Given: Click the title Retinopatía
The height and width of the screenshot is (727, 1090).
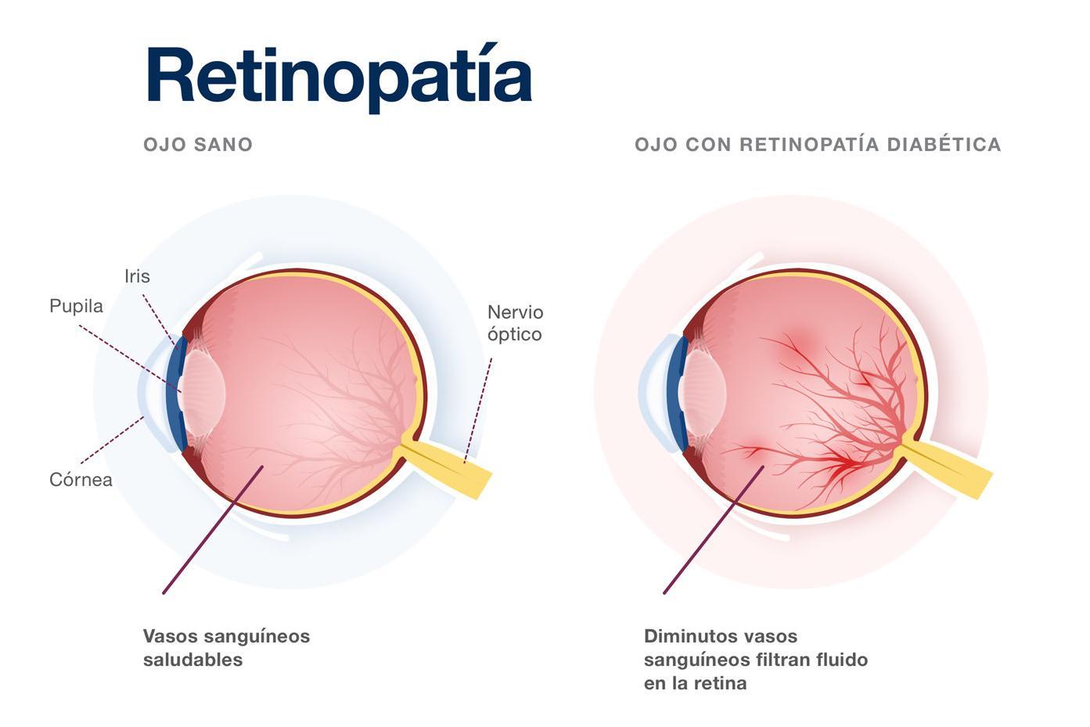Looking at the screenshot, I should (339, 76).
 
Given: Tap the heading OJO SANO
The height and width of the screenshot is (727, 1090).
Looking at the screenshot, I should (198, 145).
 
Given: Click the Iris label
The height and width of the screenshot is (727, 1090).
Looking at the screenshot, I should (137, 276).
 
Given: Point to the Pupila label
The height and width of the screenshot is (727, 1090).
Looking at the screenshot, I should (76, 306).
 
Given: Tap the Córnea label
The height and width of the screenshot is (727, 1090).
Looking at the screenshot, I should (81, 480).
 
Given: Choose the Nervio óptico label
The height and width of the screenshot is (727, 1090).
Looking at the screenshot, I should (515, 323).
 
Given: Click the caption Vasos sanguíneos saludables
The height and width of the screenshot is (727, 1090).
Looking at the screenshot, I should (226, 648).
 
